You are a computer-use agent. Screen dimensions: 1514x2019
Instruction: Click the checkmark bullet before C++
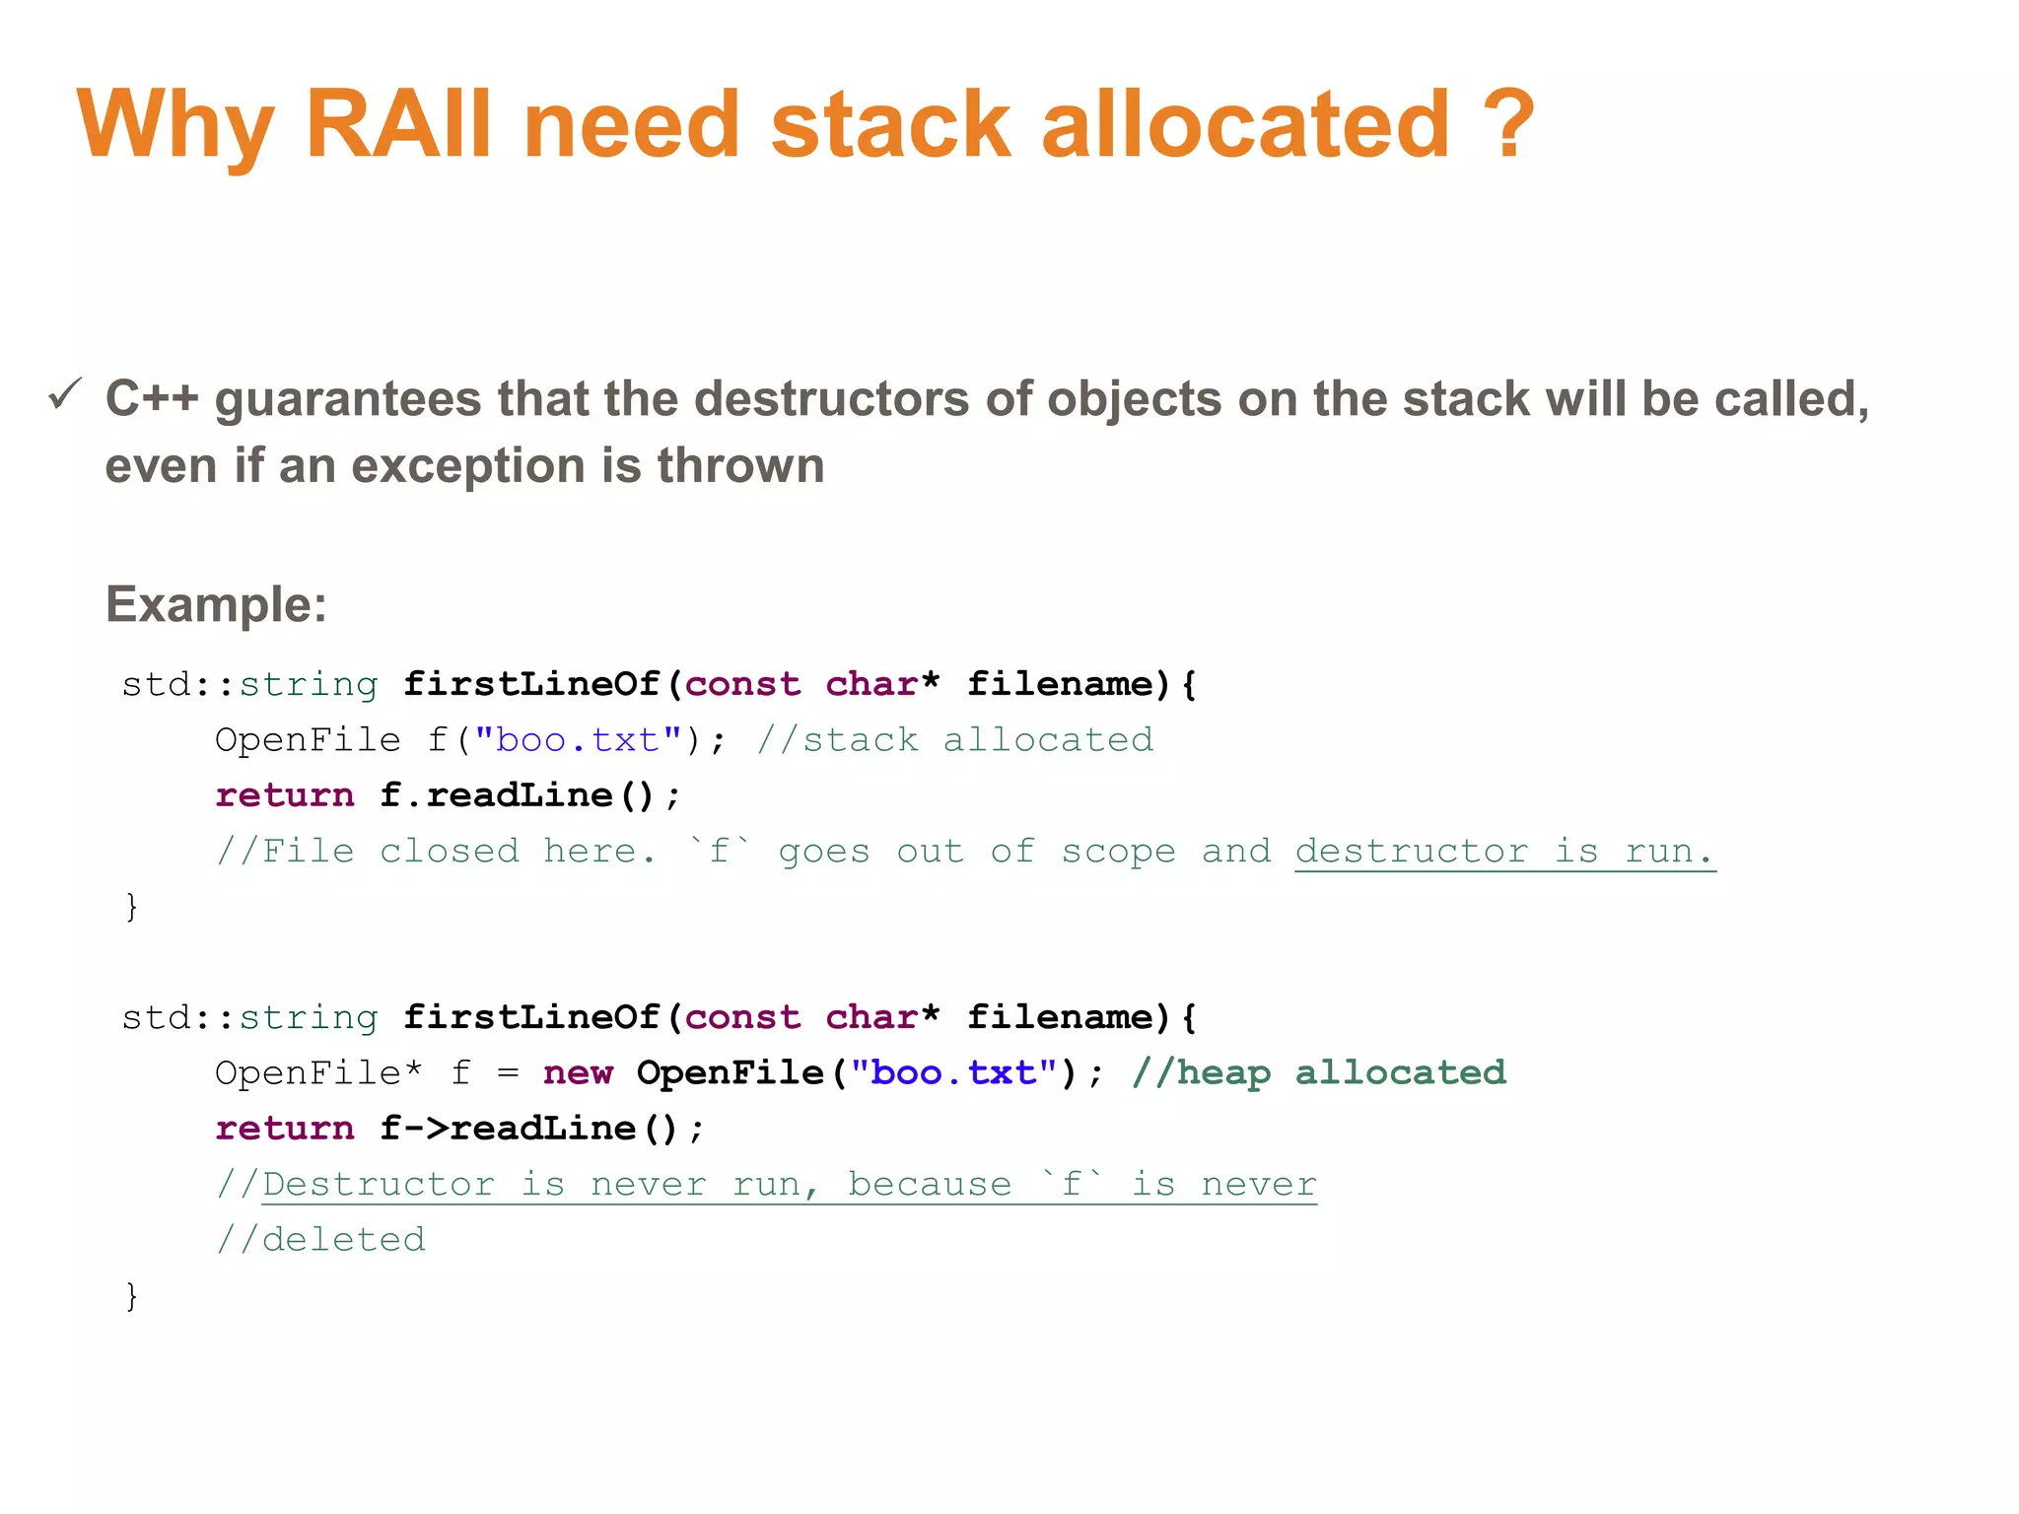65,395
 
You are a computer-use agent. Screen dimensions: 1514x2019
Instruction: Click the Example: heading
216,604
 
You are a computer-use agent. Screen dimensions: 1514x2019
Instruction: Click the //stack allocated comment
954,739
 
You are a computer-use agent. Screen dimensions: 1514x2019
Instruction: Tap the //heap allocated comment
1319,1072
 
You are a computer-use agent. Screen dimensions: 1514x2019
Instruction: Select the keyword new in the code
578,1072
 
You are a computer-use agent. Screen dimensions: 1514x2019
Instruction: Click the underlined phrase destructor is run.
1504,851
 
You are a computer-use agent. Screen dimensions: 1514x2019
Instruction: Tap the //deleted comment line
321,1239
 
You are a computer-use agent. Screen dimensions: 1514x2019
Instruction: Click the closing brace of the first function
131,906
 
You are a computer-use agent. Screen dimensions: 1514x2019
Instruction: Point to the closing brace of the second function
131,1295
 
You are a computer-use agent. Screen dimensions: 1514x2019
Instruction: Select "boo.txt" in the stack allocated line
579,739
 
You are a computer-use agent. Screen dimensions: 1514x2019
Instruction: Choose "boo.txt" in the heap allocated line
953,1072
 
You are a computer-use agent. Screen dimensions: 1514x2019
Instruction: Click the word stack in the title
890,124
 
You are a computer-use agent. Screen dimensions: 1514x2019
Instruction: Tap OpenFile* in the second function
318,1072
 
